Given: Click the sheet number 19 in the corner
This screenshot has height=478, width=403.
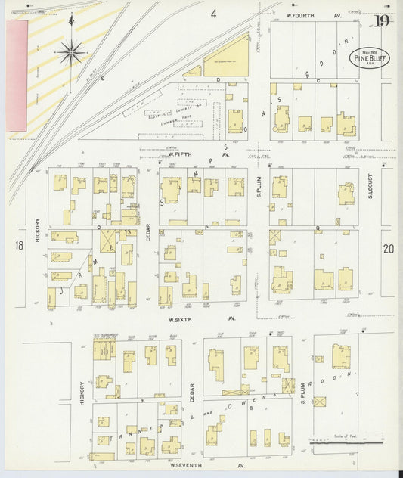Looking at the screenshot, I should [x=382, y=21].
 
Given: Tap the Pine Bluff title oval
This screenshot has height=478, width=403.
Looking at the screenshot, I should [x=370, y=58].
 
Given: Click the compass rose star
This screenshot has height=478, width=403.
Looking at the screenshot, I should [x=72, y=51].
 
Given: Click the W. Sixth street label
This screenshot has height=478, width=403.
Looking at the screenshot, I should [x=180, y=319].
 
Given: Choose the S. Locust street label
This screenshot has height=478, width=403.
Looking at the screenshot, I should [x=371, y=195].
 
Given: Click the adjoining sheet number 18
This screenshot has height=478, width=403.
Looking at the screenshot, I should [x=18, y=245].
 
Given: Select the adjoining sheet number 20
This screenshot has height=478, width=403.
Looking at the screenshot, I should [x=388, y=248].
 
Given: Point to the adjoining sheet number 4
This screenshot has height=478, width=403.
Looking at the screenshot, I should [x=214, y=14].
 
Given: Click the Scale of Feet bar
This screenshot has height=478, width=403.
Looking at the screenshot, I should [x=344, y=441].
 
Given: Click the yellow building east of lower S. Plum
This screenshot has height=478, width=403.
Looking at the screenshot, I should [x=341, y=355].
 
